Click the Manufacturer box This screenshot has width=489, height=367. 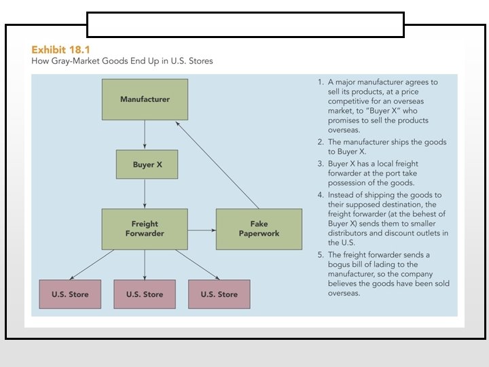pyautogui.click(x=145, y=99)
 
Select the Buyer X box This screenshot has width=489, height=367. pyautogui.click(x=147, y=164)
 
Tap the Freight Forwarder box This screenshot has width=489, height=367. pyautogui.click(x=145, y=228)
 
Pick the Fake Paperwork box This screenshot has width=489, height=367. pyautogui.click(x=259, y=228)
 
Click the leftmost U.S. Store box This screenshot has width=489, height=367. pyautogui.click(x=70, y=294)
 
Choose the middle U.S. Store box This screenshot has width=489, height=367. pyautogui.click(x=144, y=294)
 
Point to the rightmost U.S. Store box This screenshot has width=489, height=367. pyautogui.click(x=219, y=294)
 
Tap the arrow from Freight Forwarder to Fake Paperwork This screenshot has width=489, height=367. pyautogui.click(x=201, y=230)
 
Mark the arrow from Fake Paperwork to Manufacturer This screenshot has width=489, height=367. pyautogui.click(x=217, y=165)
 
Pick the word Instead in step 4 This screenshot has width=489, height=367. pyautogui.click(x=342, y=194)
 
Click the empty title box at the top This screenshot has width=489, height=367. pyautogui.click(x=245, y=24)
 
